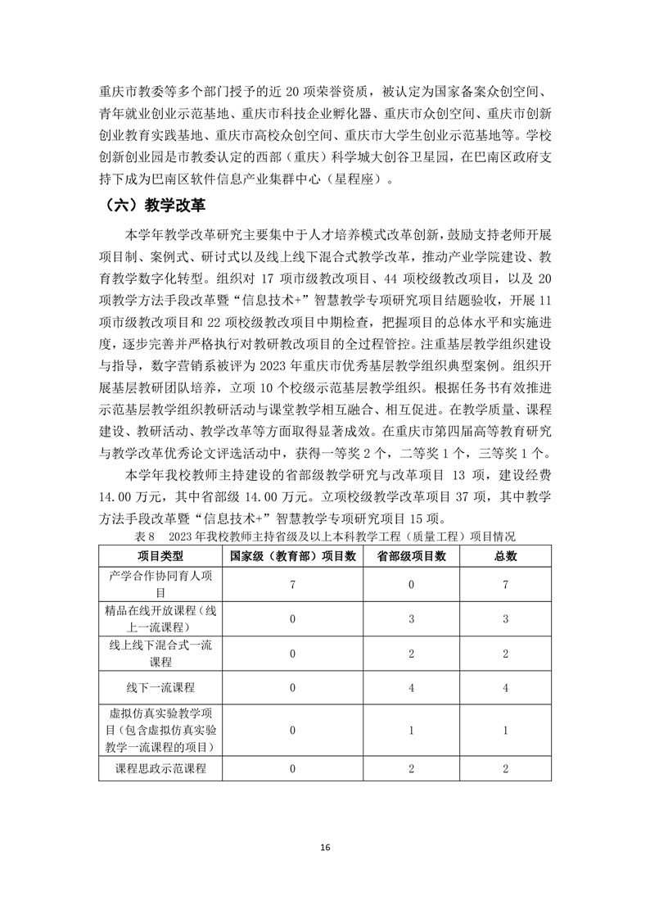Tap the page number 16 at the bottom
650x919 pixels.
click(x=325, y=847)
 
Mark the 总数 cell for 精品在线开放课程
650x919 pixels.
click(x=505, y=619)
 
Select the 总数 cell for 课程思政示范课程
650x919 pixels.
click(x=505, y=768)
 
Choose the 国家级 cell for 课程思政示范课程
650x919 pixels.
click(x=292, y=768)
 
